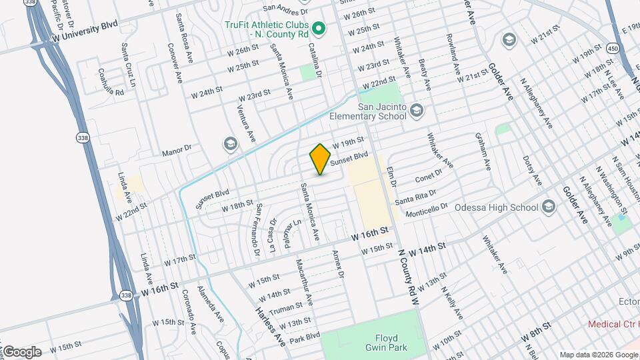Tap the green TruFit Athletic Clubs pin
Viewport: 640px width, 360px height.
click(319, 27)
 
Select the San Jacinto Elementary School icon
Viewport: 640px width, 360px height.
click(417, 110)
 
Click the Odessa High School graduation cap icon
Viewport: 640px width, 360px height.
click(549, 207)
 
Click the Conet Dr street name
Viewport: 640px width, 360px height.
click(428, 177)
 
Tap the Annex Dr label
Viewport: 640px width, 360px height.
click(338, 265)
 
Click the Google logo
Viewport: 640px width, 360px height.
click(21, 352)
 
